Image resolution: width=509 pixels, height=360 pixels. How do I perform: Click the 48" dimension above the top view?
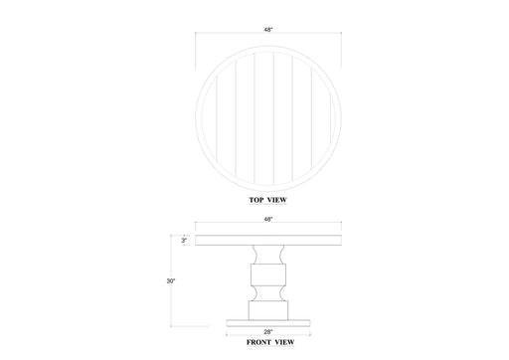(268, 30)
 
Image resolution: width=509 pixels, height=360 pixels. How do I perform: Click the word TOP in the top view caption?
(257, 200)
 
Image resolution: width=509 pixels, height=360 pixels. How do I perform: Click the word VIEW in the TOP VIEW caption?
(277, 200)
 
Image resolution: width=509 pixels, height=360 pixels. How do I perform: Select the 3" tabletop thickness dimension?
(184, 240)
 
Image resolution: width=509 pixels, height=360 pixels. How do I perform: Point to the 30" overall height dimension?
(171, 281)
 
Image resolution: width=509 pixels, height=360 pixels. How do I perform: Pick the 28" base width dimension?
(268, 330)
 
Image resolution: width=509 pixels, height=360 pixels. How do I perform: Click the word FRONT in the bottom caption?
(258, 342)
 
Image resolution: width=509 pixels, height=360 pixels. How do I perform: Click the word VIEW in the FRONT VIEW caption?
(284, 342)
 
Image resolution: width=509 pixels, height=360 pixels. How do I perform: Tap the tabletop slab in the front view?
(268, 240)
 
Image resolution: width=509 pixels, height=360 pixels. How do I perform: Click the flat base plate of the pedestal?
(268, 321)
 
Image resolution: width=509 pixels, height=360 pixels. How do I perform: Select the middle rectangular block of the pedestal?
(268, 273)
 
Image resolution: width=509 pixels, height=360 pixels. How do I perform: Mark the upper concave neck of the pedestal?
(268, 255)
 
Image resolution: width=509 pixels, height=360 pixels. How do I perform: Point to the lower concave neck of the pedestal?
(268, 291)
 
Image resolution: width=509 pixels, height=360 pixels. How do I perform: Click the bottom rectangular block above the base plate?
(268, 309)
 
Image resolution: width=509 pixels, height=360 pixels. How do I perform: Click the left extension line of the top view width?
(195, 50)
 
